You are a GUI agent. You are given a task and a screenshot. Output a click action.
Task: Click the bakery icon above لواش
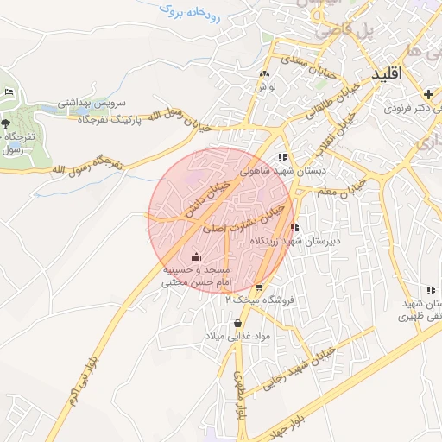[x=263, y=73]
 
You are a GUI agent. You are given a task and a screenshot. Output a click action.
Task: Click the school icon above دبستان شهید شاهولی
[x=282, y=157]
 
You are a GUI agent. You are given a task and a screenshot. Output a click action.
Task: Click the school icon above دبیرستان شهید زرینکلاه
[x=295, y=228]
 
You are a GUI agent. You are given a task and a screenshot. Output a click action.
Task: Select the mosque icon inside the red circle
[x=196, y=256]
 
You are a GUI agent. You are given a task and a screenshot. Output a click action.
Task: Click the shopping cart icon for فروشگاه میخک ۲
[x=259, y=287]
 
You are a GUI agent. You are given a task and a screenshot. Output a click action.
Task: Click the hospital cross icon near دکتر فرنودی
[x=428, y=93]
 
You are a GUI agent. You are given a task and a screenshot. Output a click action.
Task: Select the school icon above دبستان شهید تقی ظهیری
[x=430, y=290]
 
